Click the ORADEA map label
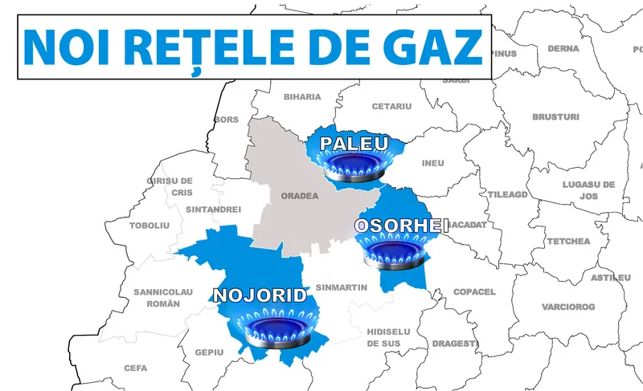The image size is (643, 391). click(x=300, y=195)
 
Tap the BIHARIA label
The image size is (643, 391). click(x=302, y=97)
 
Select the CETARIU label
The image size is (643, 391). click(x=391, y=106)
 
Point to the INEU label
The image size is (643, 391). click(x=433, y=163)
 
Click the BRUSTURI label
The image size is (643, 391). click(x=555, y=117)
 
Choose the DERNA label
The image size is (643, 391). click(x=563, y=48)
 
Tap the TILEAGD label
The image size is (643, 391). click(x=508, y=194)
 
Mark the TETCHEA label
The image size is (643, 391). click(x=568, y=241)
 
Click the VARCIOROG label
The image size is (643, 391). click(x=568, y=307)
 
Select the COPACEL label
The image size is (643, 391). click(x=474, y=291)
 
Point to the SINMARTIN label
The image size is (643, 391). click(x=342, y=287)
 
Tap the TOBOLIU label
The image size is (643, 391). click(x=150, y=226)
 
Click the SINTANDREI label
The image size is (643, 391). click(x=213, y=209)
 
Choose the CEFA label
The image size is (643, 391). click(x=136, y=368)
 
